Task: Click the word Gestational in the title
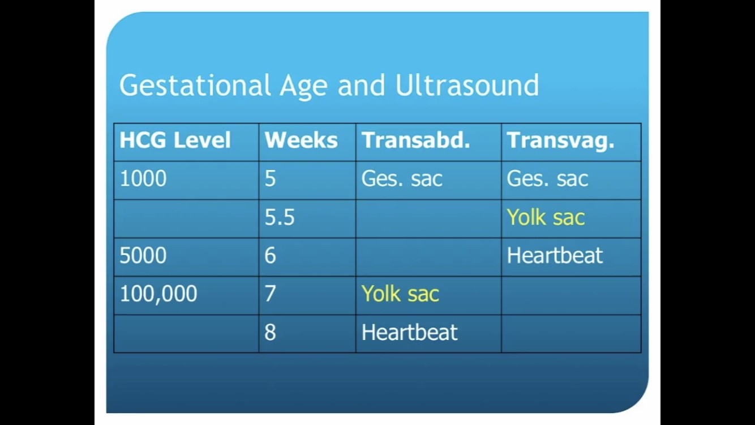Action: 195,86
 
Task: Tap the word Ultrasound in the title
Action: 467,85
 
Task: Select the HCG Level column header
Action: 175,140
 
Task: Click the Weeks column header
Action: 301,140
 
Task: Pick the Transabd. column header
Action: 415,140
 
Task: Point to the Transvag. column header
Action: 560,141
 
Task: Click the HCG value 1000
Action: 143,178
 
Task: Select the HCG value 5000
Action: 143,255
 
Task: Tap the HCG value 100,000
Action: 158,294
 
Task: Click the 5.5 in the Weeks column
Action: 280,217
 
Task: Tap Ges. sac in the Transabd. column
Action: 402,179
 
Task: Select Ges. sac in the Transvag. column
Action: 547,179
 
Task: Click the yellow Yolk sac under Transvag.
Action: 546,216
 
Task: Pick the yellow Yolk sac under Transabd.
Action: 400,294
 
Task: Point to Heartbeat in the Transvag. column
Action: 555,255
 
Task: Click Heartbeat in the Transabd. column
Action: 409,332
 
